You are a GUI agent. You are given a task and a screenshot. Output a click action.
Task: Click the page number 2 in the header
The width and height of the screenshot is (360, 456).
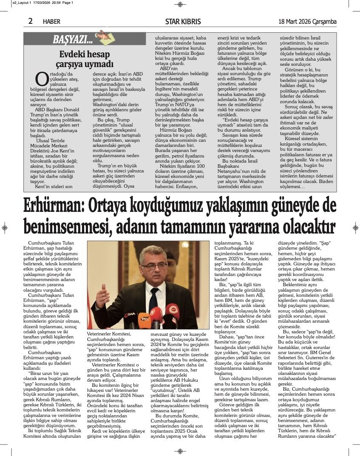coord(30,21)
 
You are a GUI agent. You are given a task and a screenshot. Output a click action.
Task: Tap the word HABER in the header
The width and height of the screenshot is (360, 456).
coord(51,22)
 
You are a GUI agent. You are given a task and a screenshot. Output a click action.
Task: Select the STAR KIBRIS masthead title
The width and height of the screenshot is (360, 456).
coord(183,22)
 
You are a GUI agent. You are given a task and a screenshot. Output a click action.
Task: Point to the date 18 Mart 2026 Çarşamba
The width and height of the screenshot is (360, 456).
coord(307,22)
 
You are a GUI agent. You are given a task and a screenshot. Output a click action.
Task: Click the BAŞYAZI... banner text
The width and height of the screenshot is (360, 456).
coord(73,40)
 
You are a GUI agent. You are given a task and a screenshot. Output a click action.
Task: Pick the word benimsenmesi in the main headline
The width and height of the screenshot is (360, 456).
coord(66,226)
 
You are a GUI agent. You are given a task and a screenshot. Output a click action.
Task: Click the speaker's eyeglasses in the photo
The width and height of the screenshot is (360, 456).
coord(153,266)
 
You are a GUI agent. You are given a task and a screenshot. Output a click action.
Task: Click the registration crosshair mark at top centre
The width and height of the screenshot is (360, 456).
coord(180,4)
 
